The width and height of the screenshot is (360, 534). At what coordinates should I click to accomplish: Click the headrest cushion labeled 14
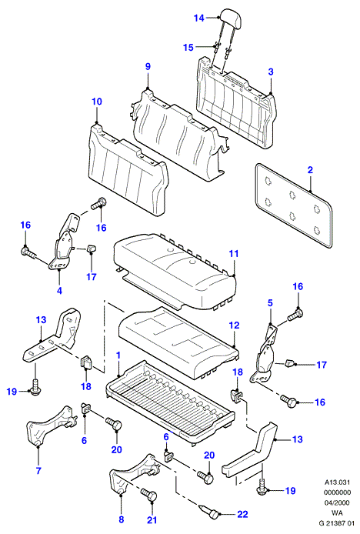231,17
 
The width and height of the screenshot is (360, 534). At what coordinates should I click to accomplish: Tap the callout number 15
188,48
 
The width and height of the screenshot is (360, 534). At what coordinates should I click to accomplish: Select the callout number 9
148,66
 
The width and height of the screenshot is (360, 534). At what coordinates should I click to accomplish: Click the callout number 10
97,102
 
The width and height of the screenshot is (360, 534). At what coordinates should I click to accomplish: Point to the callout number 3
271,72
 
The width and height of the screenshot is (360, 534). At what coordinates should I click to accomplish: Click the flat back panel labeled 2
294,205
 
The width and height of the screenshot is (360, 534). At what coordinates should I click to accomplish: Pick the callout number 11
234,254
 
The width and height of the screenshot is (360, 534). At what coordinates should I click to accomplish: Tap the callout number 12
234,325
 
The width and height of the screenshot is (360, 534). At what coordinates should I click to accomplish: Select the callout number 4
59,291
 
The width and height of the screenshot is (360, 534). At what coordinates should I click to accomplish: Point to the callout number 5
270,302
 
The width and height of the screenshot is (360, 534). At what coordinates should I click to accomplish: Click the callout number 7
38,471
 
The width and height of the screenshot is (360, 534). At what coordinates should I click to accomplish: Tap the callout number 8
122,519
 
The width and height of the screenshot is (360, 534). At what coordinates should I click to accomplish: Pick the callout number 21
152,519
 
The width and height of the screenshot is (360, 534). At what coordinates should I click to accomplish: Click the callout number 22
242,514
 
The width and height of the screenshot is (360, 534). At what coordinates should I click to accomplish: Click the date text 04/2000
337,502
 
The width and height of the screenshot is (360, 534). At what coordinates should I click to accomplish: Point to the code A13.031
337,482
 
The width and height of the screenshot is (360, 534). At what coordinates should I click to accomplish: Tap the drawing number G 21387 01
337,523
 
